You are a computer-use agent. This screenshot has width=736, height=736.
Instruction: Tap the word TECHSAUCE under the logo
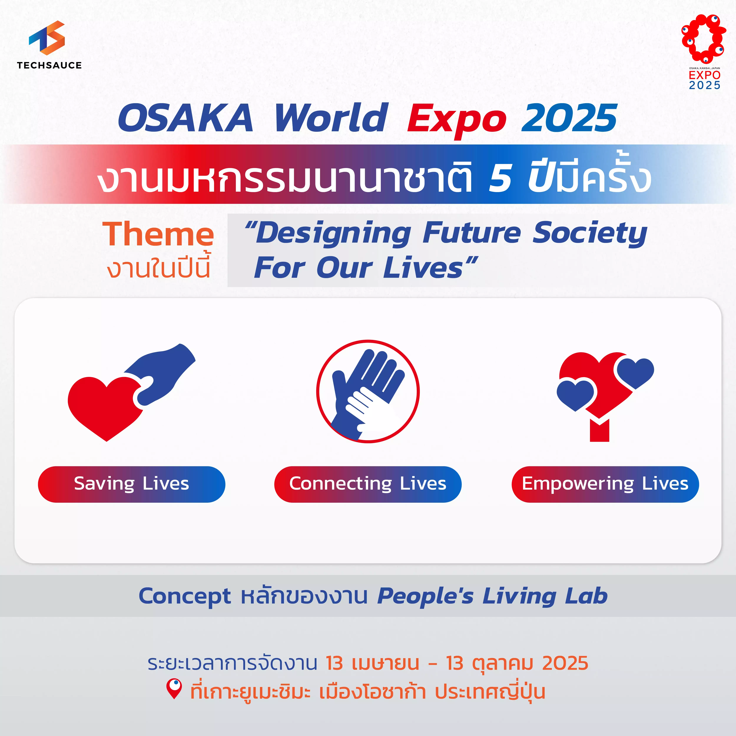[x=49, y=65]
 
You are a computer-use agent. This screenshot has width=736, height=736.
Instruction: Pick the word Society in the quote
[x=590, y=233]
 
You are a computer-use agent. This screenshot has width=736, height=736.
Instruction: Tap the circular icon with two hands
[x=368, y=391]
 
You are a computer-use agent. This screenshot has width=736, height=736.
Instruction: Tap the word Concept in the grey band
[x=185, y=596]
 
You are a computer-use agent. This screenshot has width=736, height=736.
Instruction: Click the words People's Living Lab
[x=492, y=596]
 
